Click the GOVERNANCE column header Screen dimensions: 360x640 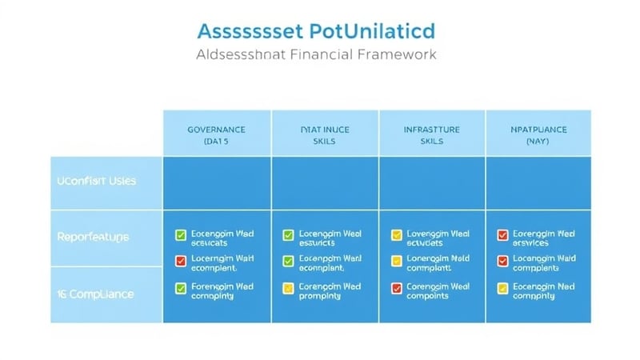(216, 129)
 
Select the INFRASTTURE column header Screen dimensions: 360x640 (431, 129)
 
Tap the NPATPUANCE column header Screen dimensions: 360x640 (538, 129)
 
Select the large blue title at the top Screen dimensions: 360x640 (316, 30)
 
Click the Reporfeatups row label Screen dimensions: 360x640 (93, 237)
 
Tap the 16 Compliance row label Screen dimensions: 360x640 (95, 294)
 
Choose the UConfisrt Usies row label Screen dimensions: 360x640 (96, 181)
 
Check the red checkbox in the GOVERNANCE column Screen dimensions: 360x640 (181, 261)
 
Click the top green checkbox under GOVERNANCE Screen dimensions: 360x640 (181, 235)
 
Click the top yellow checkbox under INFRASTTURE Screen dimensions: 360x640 (396, 235)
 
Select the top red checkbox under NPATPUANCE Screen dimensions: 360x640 (502, 235)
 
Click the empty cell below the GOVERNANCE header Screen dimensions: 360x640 (217, 182)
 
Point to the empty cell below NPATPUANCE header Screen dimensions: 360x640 (538, 182)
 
